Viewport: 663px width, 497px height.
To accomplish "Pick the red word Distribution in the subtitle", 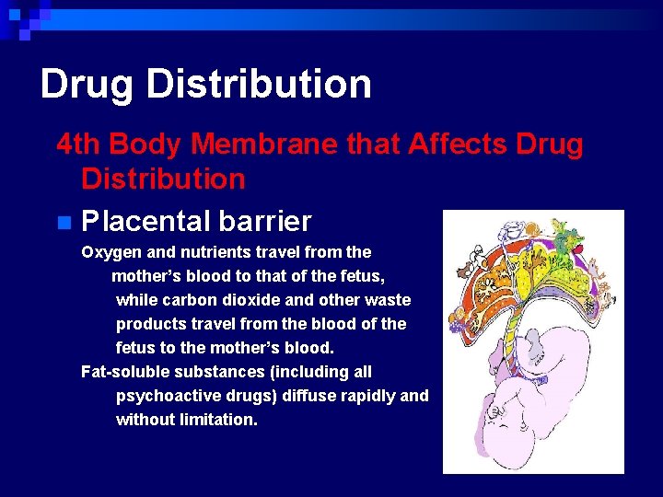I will point(163,179).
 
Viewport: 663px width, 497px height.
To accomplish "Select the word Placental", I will point(145,222).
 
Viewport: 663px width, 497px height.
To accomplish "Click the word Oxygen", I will point(108,251).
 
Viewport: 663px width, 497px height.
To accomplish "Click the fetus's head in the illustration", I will point(504,422).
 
